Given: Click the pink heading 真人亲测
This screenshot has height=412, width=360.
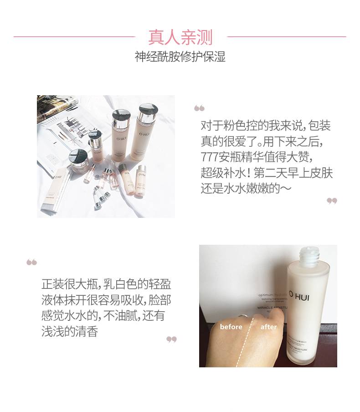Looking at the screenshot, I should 180,37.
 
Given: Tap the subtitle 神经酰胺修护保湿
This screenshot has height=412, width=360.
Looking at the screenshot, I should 180,57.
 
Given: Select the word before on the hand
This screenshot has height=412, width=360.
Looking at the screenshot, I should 231,327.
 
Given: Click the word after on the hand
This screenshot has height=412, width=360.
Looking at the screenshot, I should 268,327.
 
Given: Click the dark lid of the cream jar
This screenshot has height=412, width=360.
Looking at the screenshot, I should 78,156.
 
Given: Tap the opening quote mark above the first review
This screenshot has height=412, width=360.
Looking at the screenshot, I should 199,108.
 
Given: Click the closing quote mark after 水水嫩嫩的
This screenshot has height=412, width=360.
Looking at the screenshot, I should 332,201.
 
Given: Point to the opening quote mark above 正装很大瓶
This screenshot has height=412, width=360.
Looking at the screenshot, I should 31,263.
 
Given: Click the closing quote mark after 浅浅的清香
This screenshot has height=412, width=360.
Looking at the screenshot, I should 171,340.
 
